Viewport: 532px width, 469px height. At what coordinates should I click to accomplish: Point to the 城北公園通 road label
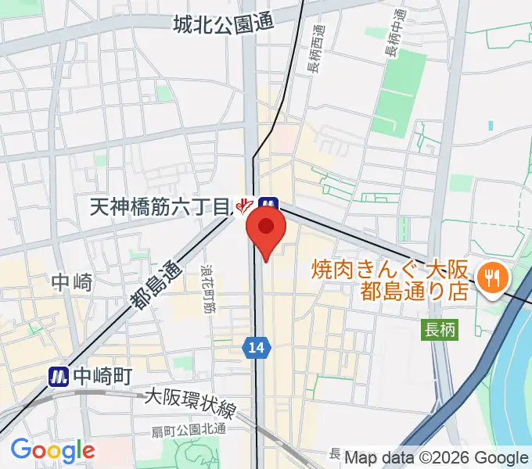pyautogui.click(x=224, y=24)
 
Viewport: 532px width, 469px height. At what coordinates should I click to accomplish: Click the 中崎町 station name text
pyautogui.click(x=103, y=376)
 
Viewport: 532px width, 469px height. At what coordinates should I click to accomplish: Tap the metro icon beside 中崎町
pyautogui.click(x=59, y=376)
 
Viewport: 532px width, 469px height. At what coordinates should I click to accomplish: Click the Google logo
pyautogui.click(x=52, y=450)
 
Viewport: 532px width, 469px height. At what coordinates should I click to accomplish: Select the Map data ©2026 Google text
pyautogui.click(x=437, y=458)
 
